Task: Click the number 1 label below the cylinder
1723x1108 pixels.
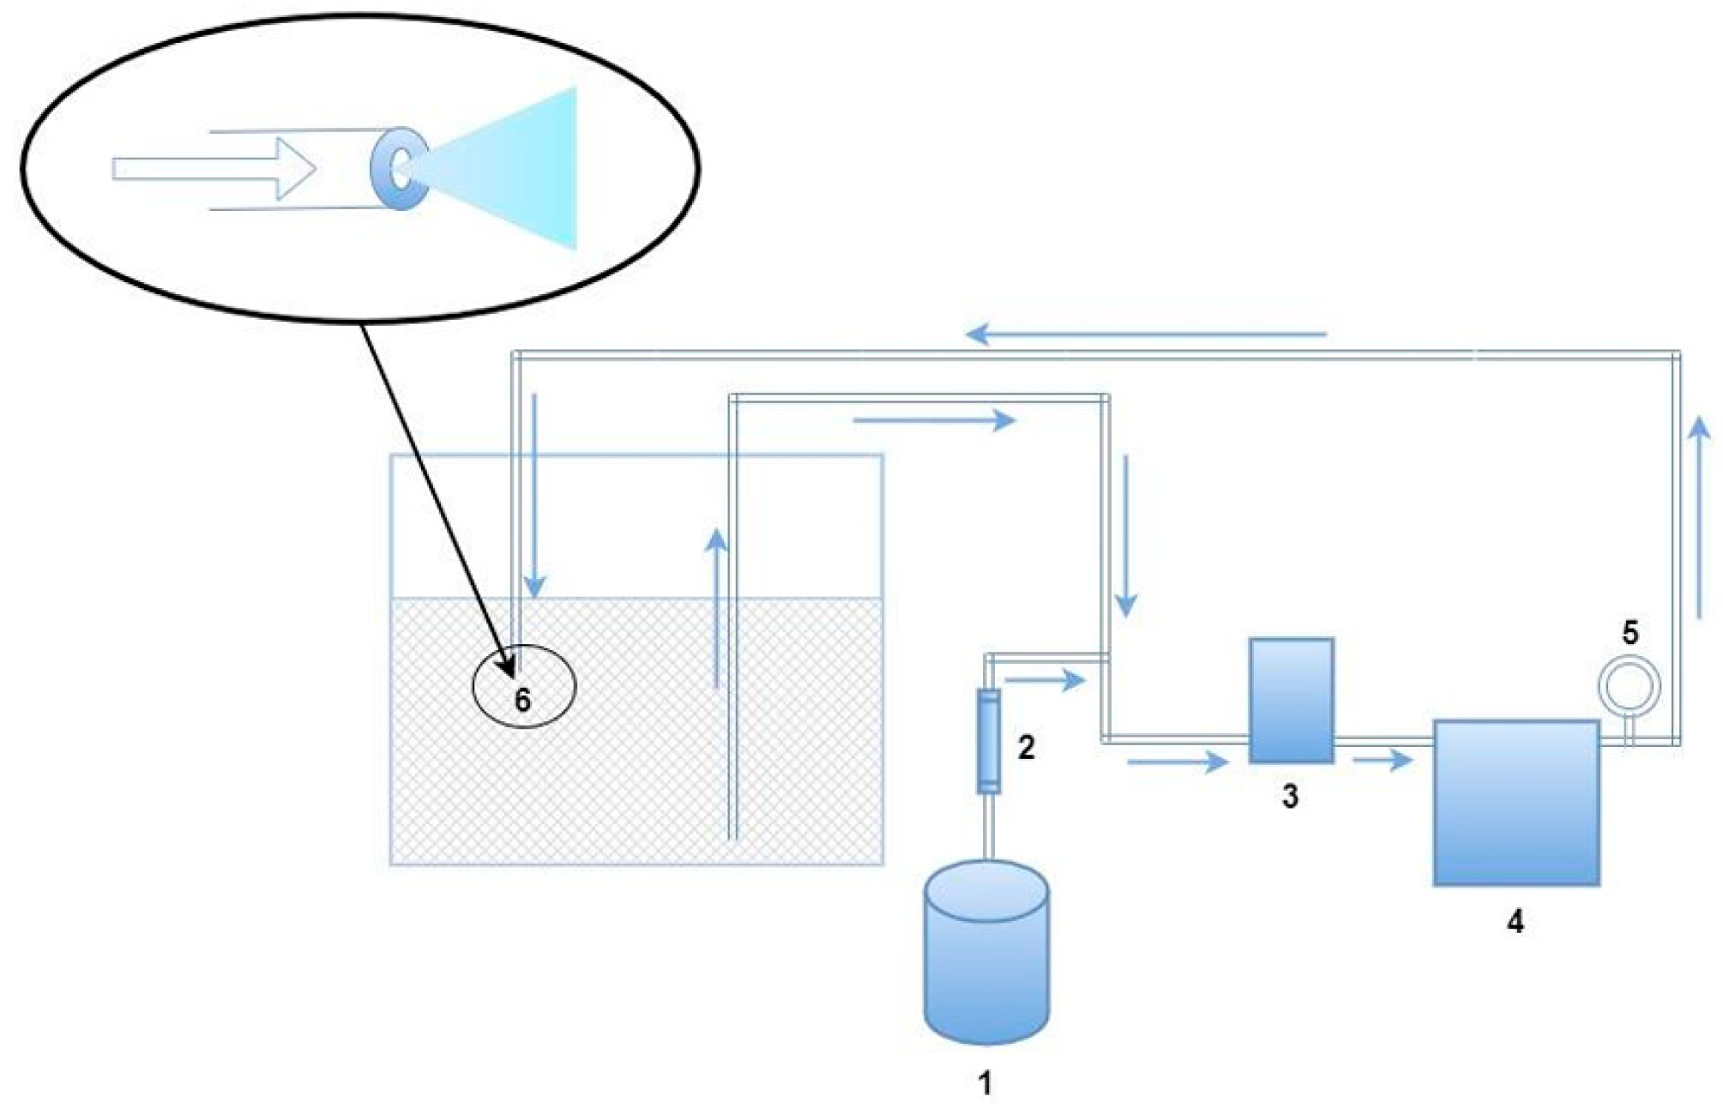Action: pyautogui.click(x=985, y=1082)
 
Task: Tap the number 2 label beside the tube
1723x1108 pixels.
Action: pyautogui.click(x=1026, y=747)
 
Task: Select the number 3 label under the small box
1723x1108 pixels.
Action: pyautogui.click(x=1290, y=796)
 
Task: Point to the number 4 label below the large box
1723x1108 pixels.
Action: pyautogui.click(x=1515, y=921)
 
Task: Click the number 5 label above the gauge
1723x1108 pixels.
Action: pyautogui.click(x=1630, y=633)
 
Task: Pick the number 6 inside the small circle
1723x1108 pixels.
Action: pyautogui.click(x=522, y=701)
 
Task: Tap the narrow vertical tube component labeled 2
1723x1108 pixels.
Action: pyautogui.click(x=989, y=741)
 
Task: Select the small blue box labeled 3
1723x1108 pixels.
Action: pyautogui.click(x=1291, y=700)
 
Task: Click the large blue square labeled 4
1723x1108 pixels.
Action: pyautogui.click(x=1515, y=803)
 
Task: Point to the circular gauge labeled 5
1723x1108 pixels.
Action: pyautogui.click(x=1629, y=686)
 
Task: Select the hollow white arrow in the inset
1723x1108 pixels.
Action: pyautogui.click(x=214, y=169)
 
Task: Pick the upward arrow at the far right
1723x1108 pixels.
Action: pyautogui.click(x=1699, y=515)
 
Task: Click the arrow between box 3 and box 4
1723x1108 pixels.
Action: pyautogui.click(x=1382, y=759)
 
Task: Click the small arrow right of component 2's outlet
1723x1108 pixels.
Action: pyautogui.click(x=1045, y=681)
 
